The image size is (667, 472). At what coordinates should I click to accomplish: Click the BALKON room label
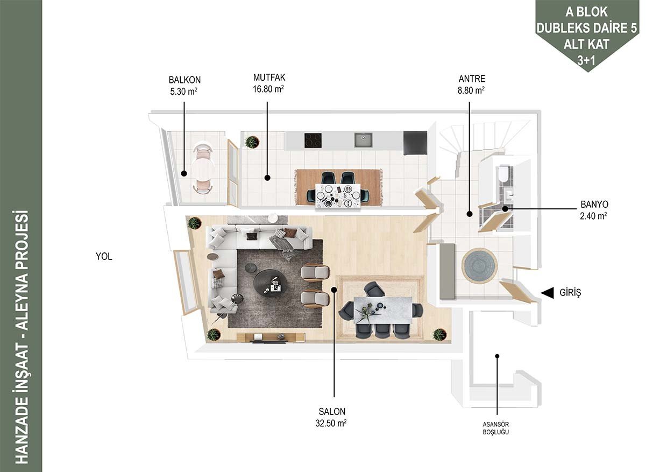point(185,80)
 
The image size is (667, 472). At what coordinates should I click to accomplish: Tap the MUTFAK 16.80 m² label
point(269,83)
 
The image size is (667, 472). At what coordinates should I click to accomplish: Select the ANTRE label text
point(472,79)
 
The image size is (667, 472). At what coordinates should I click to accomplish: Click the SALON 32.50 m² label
point(331,417)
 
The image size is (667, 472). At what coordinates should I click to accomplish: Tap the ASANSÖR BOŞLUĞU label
point(496,428)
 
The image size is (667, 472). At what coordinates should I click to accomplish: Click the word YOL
point(104,257)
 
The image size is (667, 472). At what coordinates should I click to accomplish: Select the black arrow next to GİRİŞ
point(547,293)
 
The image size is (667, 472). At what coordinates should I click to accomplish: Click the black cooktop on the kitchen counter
point(313,140)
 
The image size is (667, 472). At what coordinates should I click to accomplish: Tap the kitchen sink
point(363,140)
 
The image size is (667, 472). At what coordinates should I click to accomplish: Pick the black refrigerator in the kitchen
point(415,143)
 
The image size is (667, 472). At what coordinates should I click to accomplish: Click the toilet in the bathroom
point(503,173)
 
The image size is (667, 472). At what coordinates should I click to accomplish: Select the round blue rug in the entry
point(479,265)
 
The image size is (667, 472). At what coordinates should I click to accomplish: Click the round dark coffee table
point(271,283)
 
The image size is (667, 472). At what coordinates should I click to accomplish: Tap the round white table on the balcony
point(203,169)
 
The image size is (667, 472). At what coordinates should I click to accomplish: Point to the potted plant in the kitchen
point(252,142)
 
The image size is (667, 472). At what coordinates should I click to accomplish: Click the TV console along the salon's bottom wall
point(271,337)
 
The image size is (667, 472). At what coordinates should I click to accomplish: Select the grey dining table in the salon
point(383,309)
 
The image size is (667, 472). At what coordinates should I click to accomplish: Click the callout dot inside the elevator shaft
point(497,356)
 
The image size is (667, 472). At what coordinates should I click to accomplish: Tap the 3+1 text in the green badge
point(586,60)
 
